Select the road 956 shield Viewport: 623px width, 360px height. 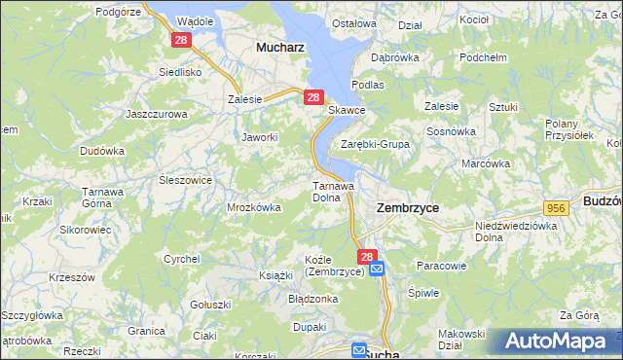point(556,208)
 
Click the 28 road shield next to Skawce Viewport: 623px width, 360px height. point(312,97)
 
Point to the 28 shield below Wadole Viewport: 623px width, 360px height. point(180,40)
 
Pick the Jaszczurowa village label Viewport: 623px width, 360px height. point(157,114)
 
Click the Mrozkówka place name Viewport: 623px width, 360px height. point(254,207)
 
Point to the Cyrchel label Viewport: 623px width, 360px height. point(182,259)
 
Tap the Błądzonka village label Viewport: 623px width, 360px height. point(312,299)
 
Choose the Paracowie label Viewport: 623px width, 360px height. point(442,265)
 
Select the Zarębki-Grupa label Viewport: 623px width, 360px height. point(375,144)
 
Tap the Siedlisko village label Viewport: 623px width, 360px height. point(180,72)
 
